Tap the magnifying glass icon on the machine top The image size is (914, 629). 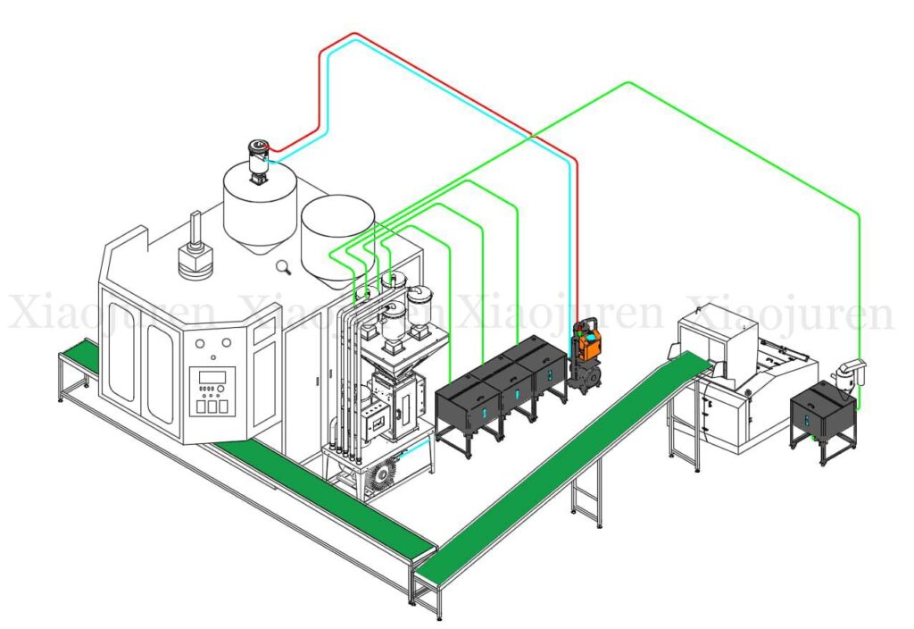coord(285,265)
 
